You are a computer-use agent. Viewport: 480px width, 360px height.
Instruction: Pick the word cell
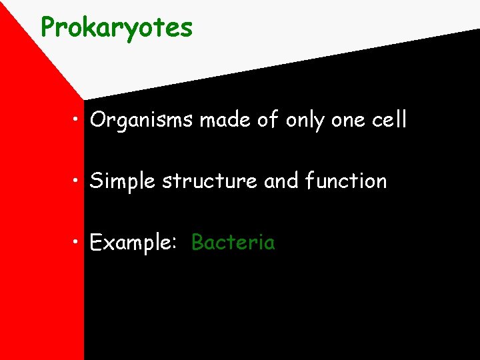click(389, 120)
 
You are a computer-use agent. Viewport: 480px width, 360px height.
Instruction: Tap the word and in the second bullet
click(281, 181)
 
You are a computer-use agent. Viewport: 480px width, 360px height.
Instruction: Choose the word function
click(346, 181)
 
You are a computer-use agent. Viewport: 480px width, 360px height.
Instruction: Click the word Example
click(131, 243)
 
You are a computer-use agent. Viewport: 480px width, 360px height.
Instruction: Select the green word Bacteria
click(233, 242)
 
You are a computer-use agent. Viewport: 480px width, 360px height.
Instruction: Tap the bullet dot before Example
click(78, 243)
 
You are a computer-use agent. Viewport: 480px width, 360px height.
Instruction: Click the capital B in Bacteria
click(198, 242)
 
